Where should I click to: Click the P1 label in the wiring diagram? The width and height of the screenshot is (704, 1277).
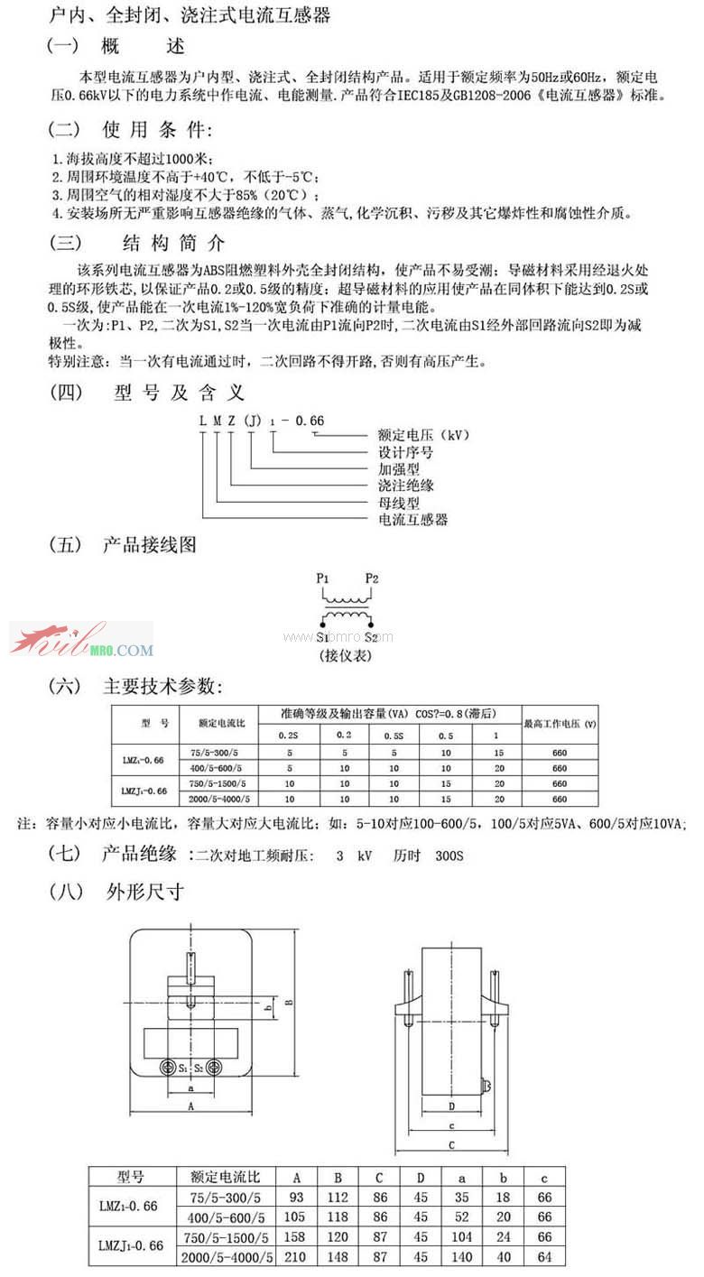tap(323, 578)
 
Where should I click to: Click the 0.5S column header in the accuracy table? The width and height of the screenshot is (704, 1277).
tap(394, 735)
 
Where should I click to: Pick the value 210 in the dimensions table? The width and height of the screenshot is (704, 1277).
tap(295, 1256)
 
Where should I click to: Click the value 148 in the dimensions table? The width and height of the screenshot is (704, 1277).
tap(338, 1256)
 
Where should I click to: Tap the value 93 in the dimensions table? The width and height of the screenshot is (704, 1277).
tap(295, 1197)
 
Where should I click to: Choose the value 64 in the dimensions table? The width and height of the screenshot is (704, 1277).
tap(543, 1256)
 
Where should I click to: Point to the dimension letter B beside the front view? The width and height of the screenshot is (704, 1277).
tap(287, 1001)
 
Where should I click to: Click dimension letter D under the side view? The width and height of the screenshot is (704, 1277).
tap(449, 1106)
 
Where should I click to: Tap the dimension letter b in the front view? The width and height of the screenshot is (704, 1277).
tap(256, 1005)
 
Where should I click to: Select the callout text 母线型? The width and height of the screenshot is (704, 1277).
tap(399, 503)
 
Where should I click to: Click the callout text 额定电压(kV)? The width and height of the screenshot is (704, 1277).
tap(423, 435)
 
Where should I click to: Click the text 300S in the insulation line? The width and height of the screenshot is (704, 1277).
tap(449, 855)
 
